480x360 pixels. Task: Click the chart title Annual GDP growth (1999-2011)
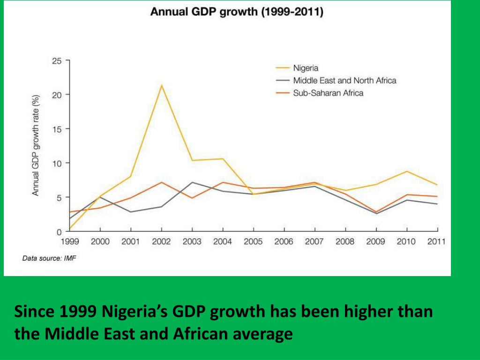[x=237, y=12]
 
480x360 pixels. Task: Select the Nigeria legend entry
[x=306, y=68]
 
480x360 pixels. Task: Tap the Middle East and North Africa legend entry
[x=345, y=81]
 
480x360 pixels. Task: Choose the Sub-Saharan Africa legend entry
[x=328, y=93]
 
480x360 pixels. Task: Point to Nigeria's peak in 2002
[x=161, y=85]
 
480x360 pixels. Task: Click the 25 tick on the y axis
[x=56, y=60]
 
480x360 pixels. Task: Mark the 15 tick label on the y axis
[x=56, y=129]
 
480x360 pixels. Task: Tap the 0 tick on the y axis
[x=59, y=232]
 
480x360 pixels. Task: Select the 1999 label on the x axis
[x=70, y=242]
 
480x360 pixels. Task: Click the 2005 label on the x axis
[x=253, y=242]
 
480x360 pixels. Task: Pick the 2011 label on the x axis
[x=436, y=242]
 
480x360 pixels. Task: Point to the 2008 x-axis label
[x=345, y=242]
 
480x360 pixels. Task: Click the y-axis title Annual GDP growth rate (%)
[x=36, y=145]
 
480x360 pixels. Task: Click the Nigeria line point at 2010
[x=406, y=172]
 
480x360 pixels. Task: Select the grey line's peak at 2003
[x=192, y=182]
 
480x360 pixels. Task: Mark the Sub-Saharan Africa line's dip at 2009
[x=376, y=212]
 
